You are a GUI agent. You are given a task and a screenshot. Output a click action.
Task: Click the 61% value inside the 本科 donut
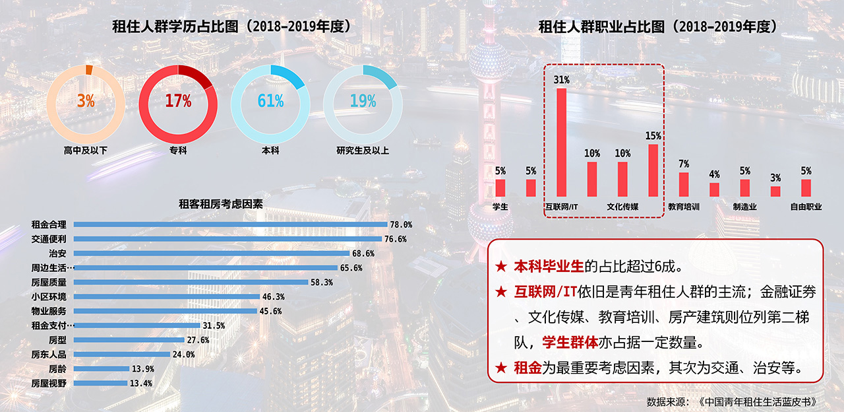[270, 101]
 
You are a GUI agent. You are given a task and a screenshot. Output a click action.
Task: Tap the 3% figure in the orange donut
[86, 101]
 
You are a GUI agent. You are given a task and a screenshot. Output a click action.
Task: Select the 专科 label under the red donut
[178, 151]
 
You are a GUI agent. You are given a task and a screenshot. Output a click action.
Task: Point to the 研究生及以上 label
[363, 151]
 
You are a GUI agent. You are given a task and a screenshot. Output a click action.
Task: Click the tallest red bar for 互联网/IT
[562, 142]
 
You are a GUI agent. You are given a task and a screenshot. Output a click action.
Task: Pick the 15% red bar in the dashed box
[653, 170]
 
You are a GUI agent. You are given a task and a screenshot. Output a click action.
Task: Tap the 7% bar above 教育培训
[684, 184]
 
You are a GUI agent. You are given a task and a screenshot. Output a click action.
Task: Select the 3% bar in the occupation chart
[775, 191]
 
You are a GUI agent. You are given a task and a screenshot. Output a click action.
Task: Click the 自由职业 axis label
[806, 207]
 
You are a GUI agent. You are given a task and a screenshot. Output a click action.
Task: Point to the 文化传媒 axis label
[622, 207]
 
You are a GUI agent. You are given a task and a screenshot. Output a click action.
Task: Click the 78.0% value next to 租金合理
[401, 224]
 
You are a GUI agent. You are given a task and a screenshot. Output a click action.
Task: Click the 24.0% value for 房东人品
[184, 355]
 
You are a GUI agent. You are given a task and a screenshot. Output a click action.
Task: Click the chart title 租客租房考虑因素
[221, 205]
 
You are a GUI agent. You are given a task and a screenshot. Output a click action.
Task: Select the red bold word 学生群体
[570, 343]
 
